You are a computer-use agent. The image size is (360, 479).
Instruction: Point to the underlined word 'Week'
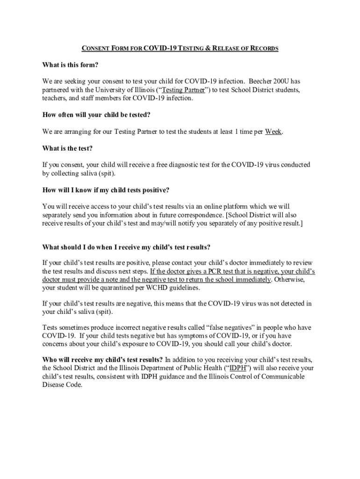coord(273,131)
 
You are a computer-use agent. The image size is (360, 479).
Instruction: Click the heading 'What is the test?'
coord(67,148)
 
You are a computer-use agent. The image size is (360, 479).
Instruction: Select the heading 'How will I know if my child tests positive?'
coord(106,190)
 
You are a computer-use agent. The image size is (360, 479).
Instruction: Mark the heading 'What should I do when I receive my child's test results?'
coord(126,247)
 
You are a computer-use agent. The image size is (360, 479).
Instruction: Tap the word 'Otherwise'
coord(290,280)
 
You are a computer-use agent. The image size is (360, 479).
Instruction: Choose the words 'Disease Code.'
coord(62,385)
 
